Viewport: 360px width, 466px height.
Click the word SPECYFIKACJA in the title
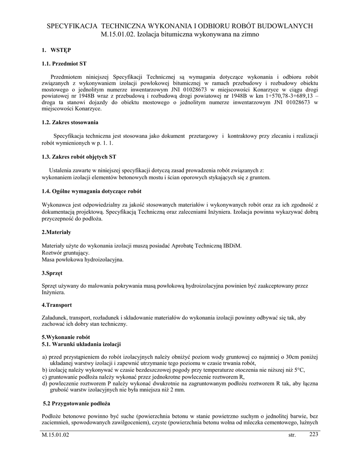(72, 26)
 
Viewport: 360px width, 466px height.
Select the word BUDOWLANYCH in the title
(286, 26)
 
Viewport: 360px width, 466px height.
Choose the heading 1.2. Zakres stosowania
(70, 122)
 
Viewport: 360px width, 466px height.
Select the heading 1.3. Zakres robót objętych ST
(79, 157)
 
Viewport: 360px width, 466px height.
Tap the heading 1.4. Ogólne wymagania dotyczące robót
(91, 191)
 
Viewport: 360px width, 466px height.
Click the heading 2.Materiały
(56, 232)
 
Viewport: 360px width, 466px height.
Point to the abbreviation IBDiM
(232, 246)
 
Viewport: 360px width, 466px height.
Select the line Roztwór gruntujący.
(66, 253)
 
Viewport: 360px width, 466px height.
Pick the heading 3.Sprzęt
(52, 273)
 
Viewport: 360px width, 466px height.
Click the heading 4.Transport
(57, 304)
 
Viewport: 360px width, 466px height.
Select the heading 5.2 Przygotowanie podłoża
(76, 403)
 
